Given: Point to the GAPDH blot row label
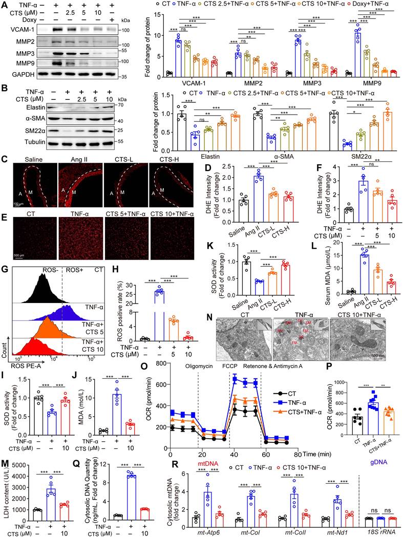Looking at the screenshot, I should pos(26,74).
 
